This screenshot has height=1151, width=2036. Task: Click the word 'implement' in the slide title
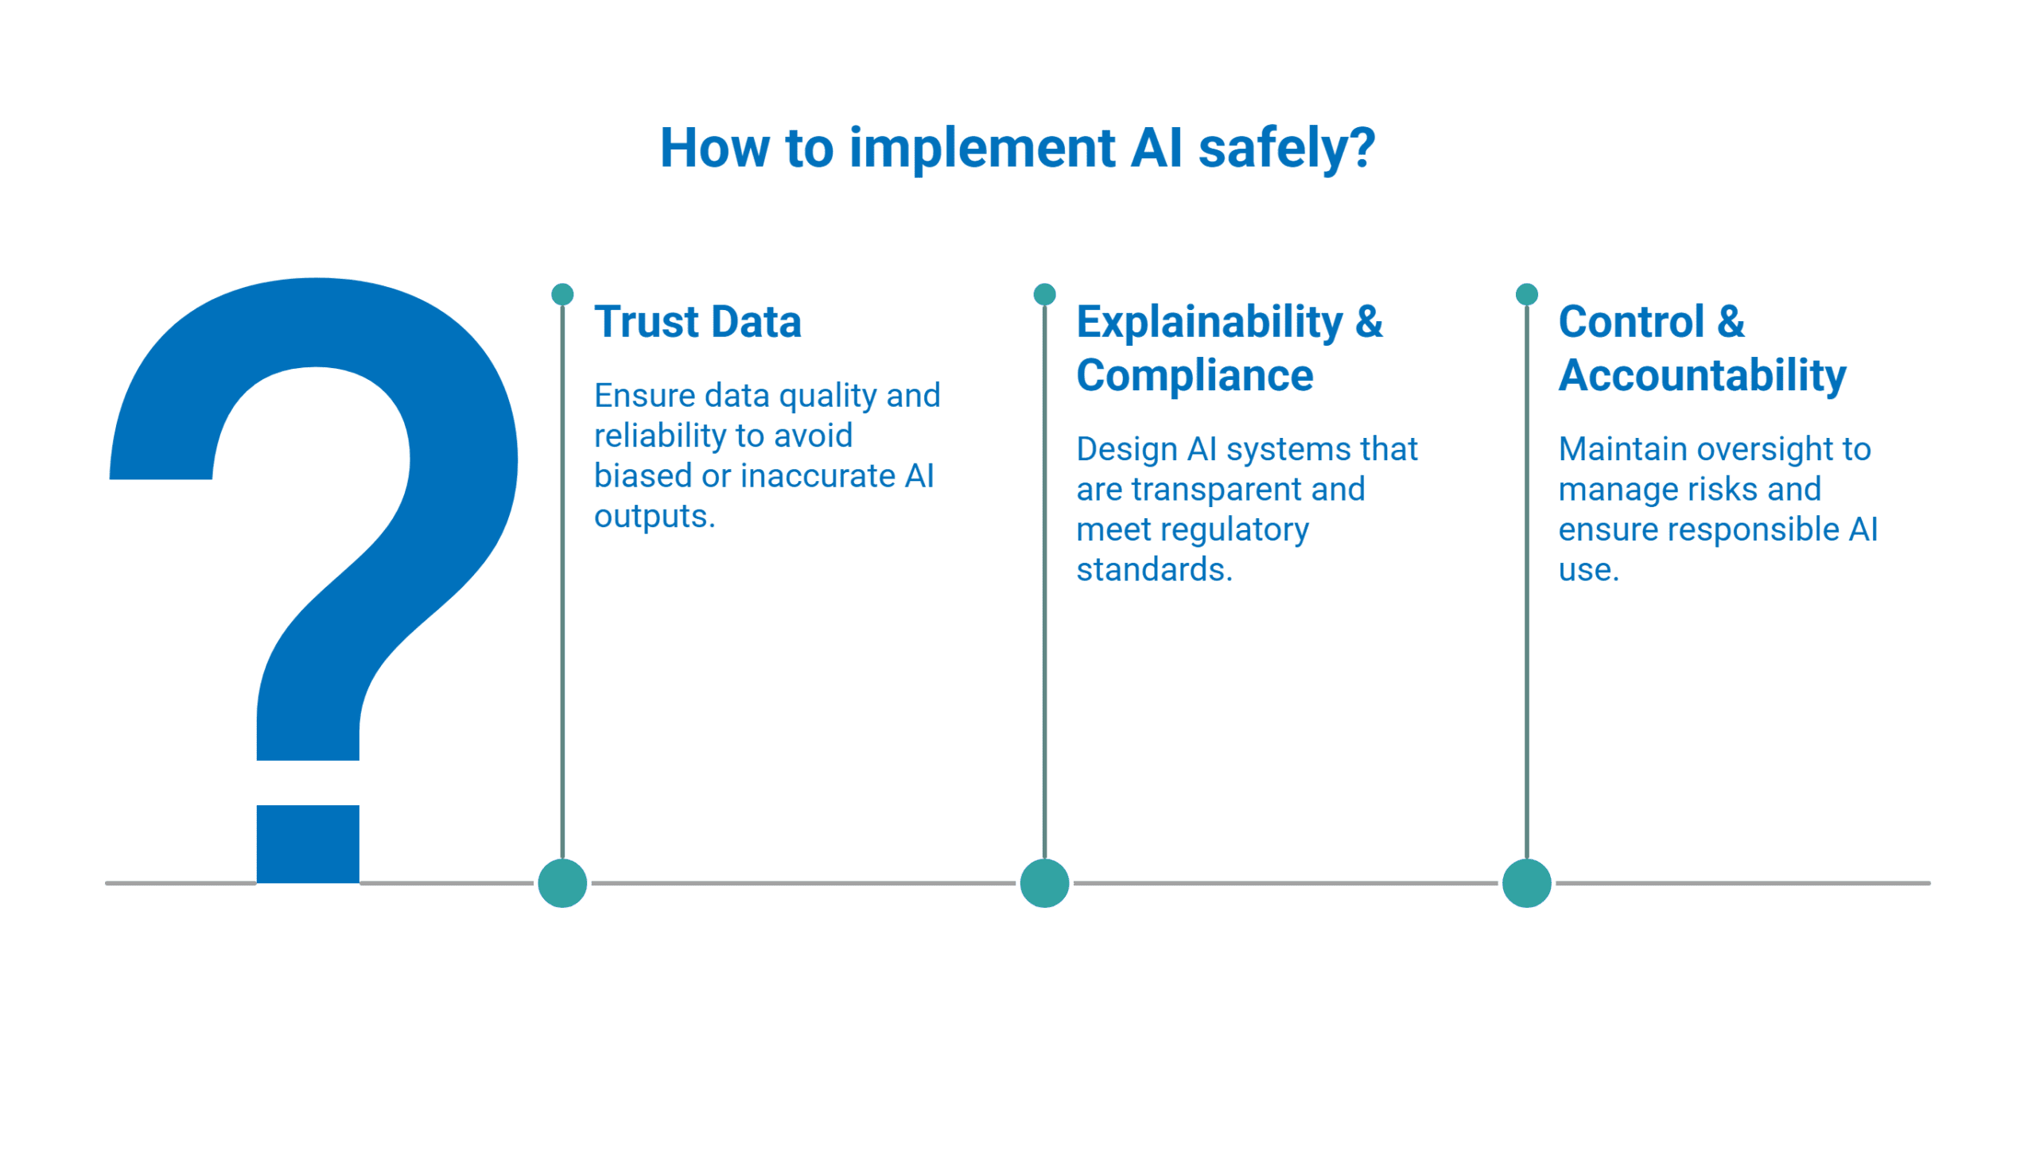click(982, 149)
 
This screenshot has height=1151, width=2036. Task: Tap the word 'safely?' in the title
click(1286, 149)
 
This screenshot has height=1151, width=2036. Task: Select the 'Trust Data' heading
click(697, 322)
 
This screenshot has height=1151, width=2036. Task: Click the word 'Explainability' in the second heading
click(1209, 322)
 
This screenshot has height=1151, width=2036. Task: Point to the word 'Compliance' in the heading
click(1195, 375)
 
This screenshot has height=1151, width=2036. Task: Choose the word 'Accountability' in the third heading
click(1702, 375)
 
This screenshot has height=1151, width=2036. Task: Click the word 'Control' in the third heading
click(1631, 322)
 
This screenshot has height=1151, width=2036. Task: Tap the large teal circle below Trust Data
click(562, 883)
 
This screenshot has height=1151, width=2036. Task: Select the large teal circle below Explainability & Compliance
click(1044, 883)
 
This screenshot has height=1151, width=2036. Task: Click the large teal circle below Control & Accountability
click(1526, 883)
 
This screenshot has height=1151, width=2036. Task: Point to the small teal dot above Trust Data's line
click(562, 294)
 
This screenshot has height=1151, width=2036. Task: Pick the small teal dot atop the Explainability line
click(1044, 294)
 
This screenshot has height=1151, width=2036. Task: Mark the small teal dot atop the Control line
click(1526, 294)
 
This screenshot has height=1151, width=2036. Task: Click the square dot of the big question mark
click(308, 843)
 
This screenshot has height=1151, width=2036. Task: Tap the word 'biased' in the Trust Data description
click(643, 476)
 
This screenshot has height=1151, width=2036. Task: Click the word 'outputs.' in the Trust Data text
click(655, 517)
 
